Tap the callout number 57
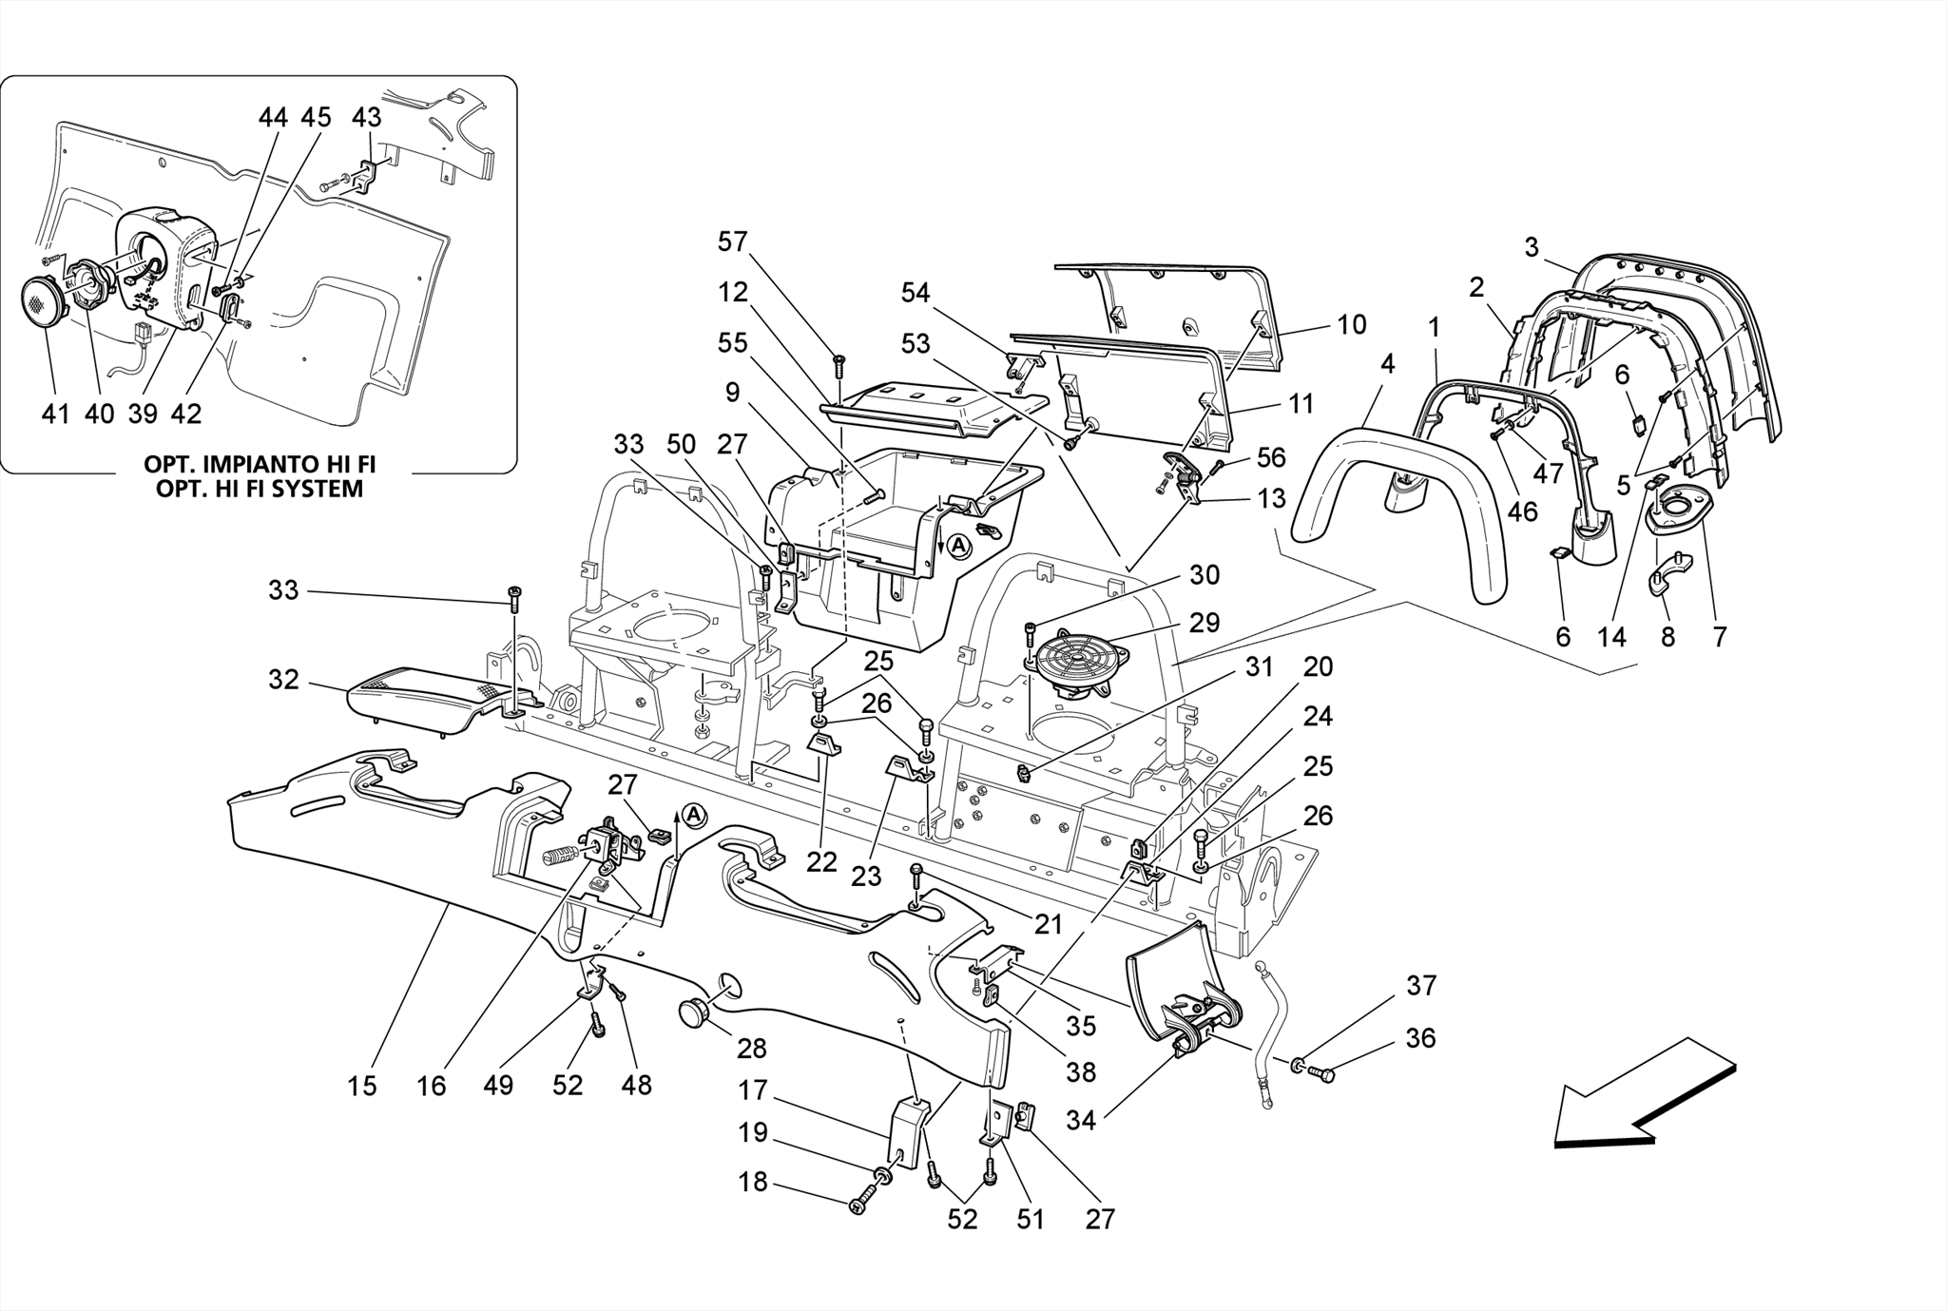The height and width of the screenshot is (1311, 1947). tap(732, 242)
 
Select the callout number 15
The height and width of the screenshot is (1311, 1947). tap(361, 1086)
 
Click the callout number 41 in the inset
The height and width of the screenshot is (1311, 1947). tap(55, 414)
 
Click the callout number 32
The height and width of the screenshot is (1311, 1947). tap(283, 680)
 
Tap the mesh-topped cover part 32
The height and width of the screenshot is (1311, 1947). tap(418, 698)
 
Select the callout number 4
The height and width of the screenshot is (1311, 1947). tap(1387, 364)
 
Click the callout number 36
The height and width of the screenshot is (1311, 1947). tap(1419, 1038)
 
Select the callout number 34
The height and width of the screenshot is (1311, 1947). tap(1080, 1121)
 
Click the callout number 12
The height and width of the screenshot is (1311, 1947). tap(732, 292)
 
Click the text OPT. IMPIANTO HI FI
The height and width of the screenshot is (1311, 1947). tap(260, 465)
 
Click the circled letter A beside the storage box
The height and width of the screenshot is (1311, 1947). tap(959, 546)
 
